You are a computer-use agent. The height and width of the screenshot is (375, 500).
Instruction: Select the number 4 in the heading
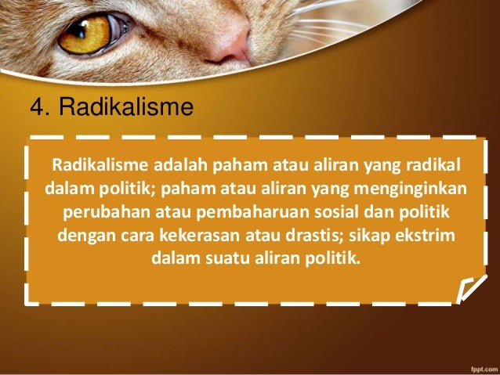(34, 106)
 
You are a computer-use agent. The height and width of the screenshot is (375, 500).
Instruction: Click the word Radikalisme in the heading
(125, 106)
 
